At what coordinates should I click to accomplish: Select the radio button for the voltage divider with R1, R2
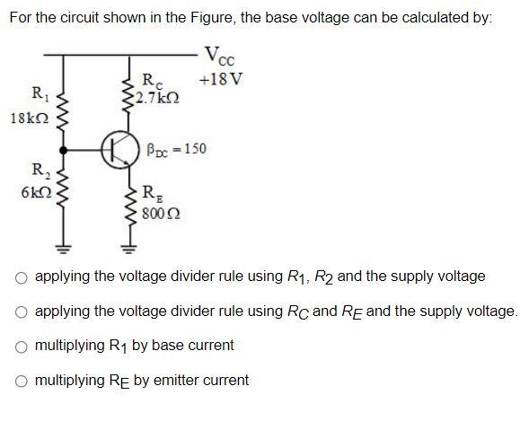click(x=21, y=278)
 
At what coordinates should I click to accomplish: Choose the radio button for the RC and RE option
click(x=21, y=312)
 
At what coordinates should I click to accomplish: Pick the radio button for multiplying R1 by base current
click(x=21, y=347)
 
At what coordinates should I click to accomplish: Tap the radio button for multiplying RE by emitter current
click(x=21, y=382)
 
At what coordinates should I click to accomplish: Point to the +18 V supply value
click(x=221, y=79)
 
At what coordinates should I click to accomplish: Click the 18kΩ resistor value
click(x=24, y=118)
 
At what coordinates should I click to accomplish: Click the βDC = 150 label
click(x=175, y=149)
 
